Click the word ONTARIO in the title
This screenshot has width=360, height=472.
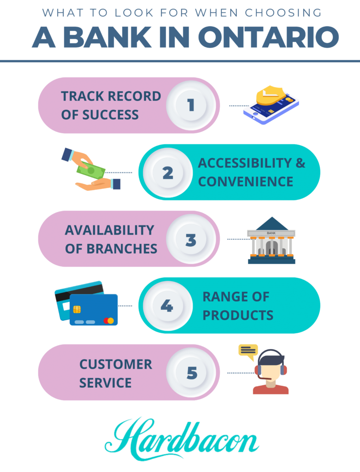point(268,37)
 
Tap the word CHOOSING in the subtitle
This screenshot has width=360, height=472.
point(283,12)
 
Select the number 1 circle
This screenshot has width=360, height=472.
point(191,106)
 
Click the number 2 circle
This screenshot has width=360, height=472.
point(168,172)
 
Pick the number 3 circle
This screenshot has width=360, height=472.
point(191,239)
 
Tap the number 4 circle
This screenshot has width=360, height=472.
point(168,306)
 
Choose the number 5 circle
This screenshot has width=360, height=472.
point(191,372)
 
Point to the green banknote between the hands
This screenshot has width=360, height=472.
point(91,171)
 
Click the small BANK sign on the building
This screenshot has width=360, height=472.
point(271,233)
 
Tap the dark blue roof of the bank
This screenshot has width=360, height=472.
point(272,224)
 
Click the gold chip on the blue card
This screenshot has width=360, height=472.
point(77,309)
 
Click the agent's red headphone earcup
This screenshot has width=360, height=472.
point(257,370)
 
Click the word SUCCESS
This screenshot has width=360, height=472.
point(110,115)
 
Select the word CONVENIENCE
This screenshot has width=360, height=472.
point(246,182)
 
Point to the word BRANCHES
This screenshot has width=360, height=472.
point(122,248)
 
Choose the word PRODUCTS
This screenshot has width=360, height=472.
point(238,315)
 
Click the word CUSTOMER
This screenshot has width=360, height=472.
point(116,364)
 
